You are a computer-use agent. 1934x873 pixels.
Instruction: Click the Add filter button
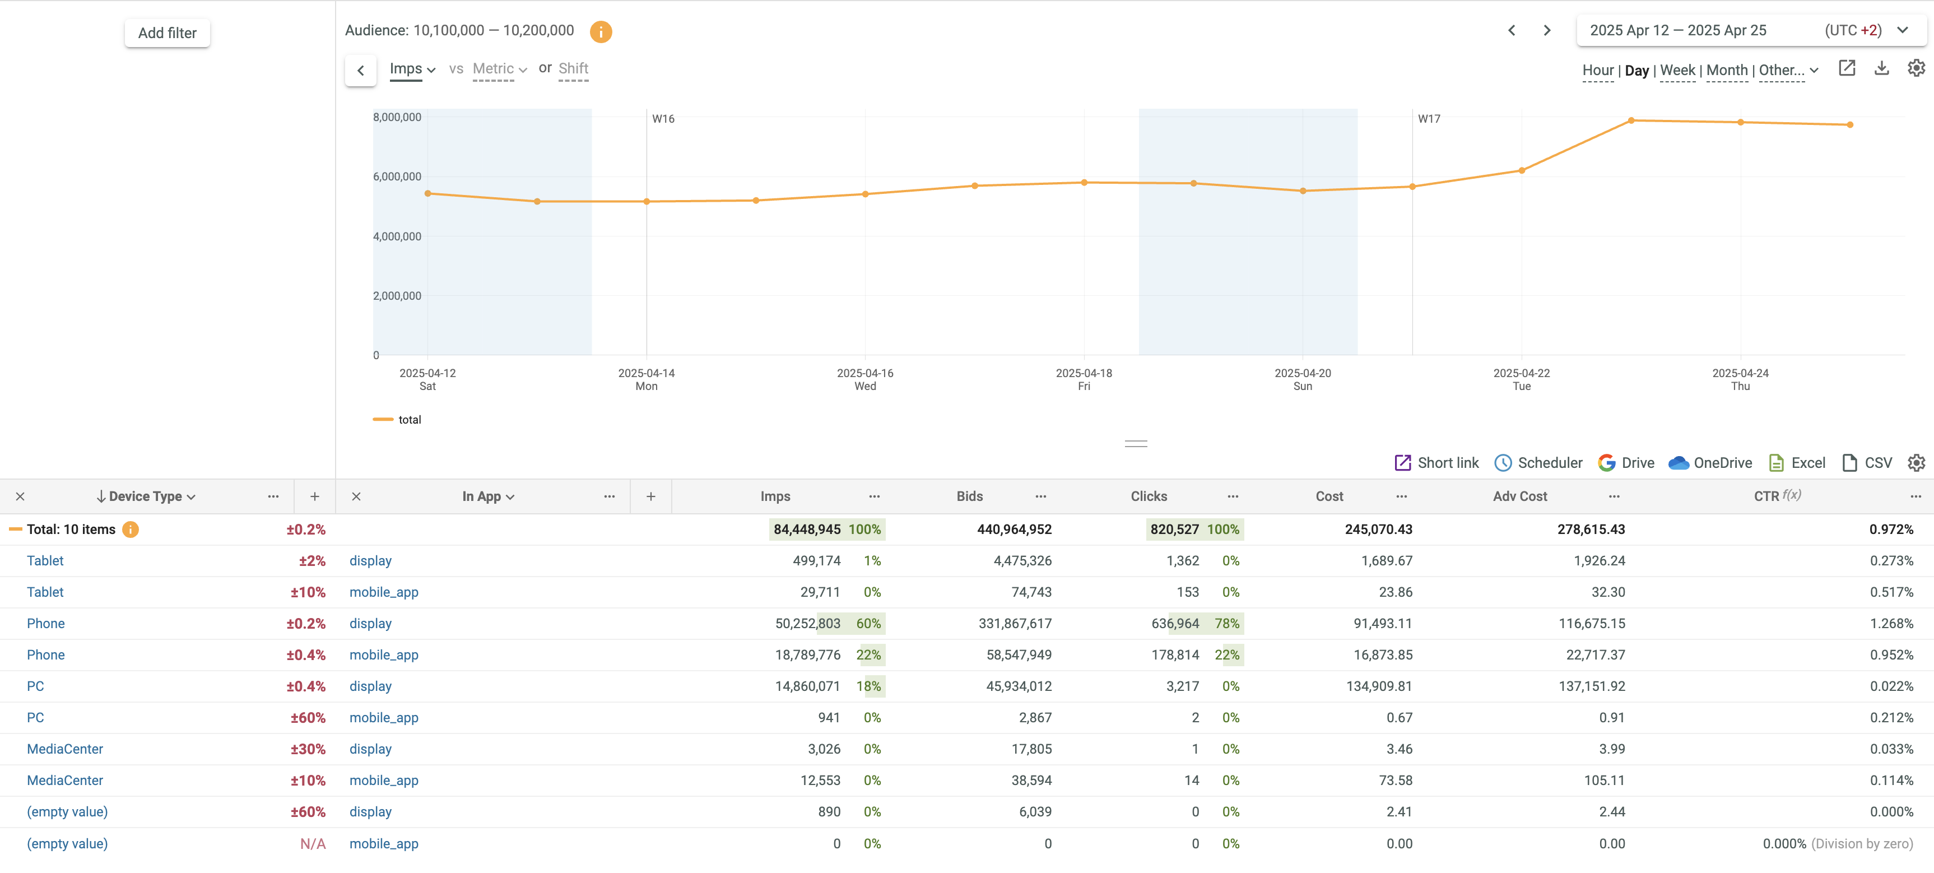(166, 33)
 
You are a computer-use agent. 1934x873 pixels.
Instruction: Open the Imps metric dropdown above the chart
(411, 69)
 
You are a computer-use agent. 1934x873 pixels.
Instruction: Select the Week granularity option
(1677, 71)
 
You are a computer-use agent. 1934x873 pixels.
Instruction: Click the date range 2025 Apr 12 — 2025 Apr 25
(1677, 31)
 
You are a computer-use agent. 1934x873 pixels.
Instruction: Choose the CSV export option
(1867, 463)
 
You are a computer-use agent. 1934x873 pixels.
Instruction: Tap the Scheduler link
(1538, 463)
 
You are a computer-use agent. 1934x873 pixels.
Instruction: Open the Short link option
(1436, 463)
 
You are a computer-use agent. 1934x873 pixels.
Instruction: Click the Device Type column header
(146, 496)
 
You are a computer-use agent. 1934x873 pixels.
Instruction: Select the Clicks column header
(1148, 496)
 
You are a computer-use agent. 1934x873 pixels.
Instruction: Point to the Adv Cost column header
(1519, 496)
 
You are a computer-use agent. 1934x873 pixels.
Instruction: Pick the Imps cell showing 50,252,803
(807, 624)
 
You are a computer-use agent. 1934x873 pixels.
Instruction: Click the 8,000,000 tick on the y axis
(397, 117)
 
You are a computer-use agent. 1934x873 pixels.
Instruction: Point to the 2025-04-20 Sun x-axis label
(1302, 379)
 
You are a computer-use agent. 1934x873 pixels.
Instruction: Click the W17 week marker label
(1429, 119)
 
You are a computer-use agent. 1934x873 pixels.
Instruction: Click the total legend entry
(409, 420)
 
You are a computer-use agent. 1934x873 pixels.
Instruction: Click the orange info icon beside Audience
(601, 31)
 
